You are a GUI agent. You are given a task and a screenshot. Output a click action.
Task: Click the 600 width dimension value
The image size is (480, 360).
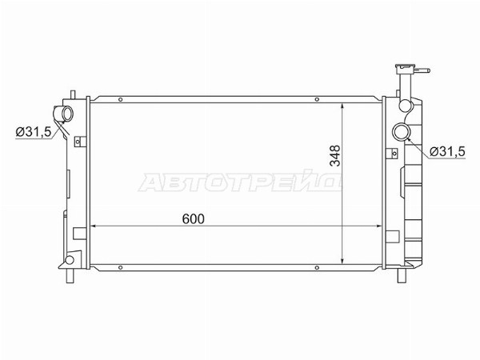click(x=193, y=219)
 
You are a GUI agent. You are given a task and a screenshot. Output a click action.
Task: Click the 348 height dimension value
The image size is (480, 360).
click(x=335, y=156)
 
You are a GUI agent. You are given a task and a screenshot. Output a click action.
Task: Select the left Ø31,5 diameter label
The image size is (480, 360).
click(x=34, y=132)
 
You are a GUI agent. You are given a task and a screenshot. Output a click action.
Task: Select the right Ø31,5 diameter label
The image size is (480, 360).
click(x=447, y=151)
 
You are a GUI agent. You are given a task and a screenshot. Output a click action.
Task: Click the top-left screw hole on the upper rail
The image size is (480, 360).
click(x=120, y=99)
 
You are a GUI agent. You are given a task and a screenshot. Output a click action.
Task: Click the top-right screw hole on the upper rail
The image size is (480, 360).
click(x=317, y=99)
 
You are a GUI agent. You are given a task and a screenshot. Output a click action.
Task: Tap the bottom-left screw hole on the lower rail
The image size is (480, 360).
click(x=120, y=267)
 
